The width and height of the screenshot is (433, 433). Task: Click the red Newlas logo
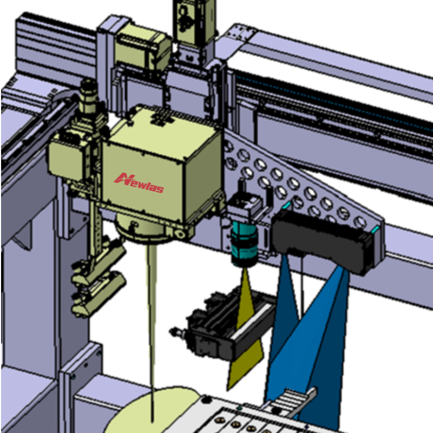tap(139, 182)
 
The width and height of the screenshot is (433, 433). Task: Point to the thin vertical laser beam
tap(152, 331)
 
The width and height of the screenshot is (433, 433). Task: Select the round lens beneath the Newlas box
tap(143, 229)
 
